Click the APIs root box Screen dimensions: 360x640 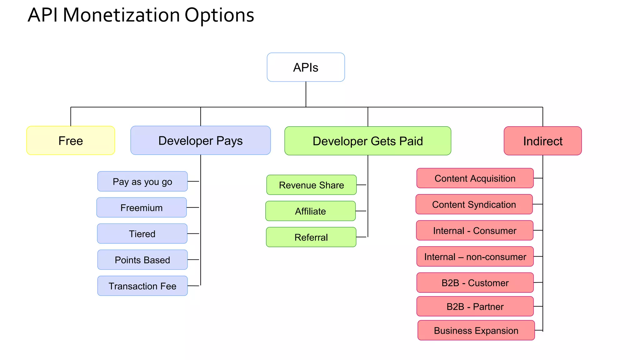306,67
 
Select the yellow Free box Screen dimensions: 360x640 71,141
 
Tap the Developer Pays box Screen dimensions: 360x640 200,140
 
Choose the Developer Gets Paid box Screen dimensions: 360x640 367,141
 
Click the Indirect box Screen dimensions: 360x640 542,141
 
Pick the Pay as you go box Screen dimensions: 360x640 142,181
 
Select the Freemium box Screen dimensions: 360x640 142,207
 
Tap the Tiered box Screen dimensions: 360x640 142,233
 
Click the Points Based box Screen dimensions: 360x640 142,260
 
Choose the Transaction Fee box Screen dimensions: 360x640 142,286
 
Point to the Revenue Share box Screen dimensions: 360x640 311,185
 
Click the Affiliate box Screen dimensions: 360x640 310,211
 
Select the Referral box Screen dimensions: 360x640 311,237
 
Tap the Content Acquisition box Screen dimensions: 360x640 475,178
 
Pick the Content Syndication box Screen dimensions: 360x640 474,204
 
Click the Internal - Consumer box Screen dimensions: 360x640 474,230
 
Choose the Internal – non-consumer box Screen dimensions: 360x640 475,257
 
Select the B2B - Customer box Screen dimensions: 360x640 475,283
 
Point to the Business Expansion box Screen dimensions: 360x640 476,330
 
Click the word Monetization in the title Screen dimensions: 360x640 121,15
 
